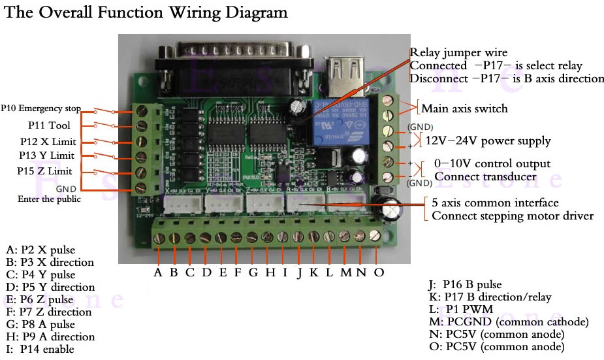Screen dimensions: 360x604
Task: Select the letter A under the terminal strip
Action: click(158, 272)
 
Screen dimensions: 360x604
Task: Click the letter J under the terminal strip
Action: click(299, 272)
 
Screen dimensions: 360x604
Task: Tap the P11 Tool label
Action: click(49, 124)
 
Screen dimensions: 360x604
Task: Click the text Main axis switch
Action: click(464, 108)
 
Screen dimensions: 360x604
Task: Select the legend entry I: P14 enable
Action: click(40, 349)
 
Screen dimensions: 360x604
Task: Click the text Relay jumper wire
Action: click(458, 53)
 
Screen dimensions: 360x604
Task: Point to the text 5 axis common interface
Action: click(495, 203)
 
